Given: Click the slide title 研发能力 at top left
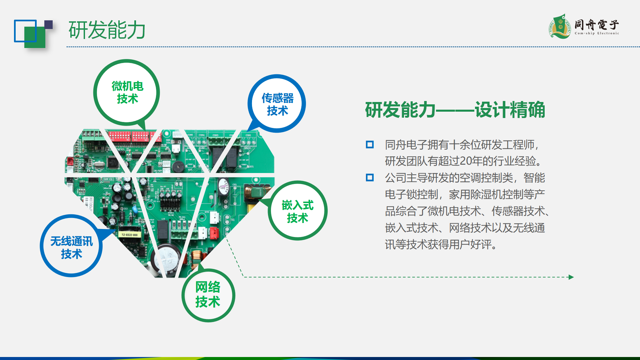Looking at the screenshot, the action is point(107,30).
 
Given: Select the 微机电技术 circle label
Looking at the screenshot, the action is point(127,92).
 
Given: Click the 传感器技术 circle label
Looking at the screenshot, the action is point(277,104).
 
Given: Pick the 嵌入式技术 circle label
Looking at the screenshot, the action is point(297,211).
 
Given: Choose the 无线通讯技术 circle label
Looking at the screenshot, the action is point(71,246).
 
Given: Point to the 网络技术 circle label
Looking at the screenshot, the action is point(208,295).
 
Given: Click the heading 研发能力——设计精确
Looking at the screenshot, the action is point(455,110).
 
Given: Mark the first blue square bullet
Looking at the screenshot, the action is point(370,145).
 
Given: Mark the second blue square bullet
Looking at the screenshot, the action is point(370,177).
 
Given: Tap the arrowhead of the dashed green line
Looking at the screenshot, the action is point(571,277).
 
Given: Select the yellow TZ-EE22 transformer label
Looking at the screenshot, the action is point(130,235).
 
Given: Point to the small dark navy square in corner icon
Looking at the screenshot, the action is point(49,25).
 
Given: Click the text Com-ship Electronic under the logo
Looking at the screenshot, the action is point(597,33).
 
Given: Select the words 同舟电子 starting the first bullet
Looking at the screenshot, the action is point(406,145).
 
